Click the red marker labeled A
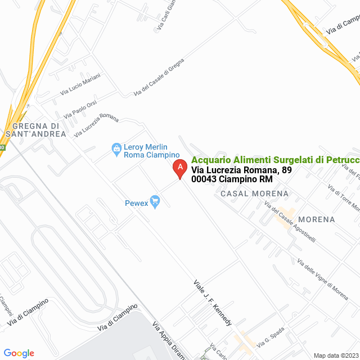pos(179,168)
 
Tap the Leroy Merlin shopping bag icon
pos(116,149)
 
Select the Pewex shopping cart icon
pos(156,201)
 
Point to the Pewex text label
pos(136,202)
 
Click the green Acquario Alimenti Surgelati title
pos(275,160)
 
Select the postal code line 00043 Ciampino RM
pos(232,179)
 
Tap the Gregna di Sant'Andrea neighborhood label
pos(35,130)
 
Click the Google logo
pos(19,353)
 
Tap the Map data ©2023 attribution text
pos(335,355)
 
